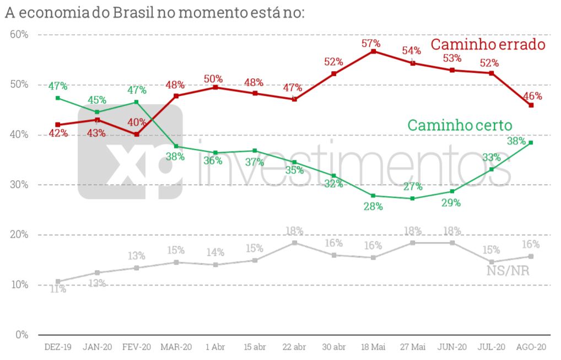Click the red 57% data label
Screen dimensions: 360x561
click(372, 42)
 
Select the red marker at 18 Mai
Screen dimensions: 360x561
click(373, 51)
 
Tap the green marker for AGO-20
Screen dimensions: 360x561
click(531, 142)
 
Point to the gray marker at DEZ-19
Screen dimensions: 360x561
click(58, 281)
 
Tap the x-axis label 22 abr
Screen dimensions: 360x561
click(294, 347)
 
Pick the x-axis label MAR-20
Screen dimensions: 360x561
click(176, 347)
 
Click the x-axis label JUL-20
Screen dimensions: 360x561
click(492, 347)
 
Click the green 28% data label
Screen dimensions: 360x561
click(373, 207)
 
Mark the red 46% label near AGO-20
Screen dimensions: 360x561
click(532, 95)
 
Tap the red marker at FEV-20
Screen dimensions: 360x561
click(137, 134)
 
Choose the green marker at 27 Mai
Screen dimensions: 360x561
click(412, 198)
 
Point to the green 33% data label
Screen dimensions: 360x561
click(490, 158)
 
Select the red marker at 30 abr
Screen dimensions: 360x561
click(333, 74)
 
